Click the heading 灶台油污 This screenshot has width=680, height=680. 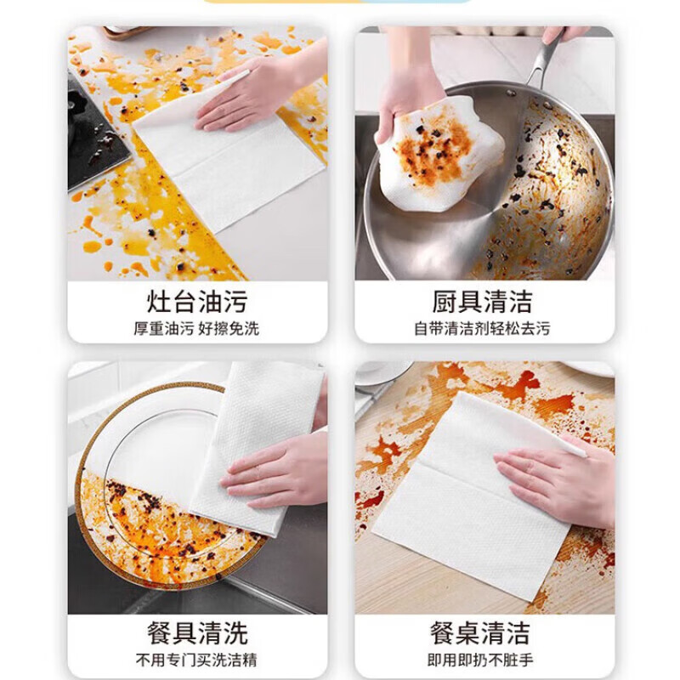point(197,302)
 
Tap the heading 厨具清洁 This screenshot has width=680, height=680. point(483,302)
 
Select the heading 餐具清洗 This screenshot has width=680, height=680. point(197,633)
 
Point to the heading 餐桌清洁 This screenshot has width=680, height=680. point(483,633)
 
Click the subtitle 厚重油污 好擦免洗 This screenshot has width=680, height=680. point(197,328)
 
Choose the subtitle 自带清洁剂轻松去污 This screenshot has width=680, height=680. point(483,328)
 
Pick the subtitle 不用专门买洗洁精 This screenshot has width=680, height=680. point(197,660)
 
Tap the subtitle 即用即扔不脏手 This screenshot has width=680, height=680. point(483,660)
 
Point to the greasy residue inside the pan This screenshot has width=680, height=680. point(561,187)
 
